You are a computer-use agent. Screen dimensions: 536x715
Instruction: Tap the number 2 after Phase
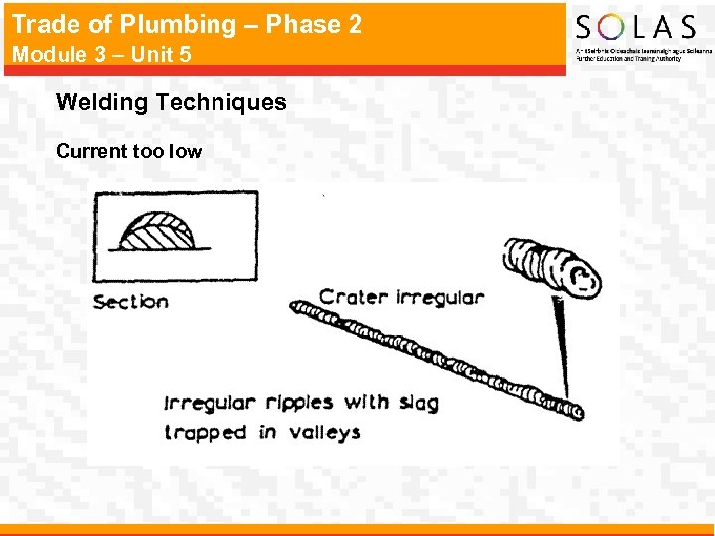pyautogui.click(x=355, y=24)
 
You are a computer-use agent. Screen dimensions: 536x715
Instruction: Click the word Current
pyautogui.click(x=90, y=151)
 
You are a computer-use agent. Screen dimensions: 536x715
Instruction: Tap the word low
pyautogui.click(x=186, y=151)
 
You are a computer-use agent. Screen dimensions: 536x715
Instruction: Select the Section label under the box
pyautogui.click(x=131, y=301)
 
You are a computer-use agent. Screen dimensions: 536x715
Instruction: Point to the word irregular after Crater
pyautogui.click(x=439, y=296)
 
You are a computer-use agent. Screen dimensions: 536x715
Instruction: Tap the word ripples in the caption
pyautogui.click(x=296, y=403)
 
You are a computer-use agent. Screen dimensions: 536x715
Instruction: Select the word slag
pyautogui.click(x=417, y=403)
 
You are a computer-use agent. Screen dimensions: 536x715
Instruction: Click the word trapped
pyautogui.click(x=206, y=432)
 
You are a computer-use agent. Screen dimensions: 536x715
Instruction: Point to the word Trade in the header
pyautogui.click(x=43, y=24)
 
